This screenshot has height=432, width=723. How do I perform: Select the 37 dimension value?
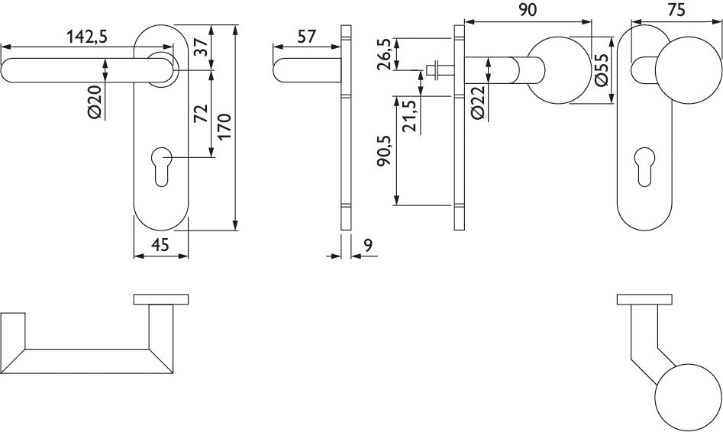pos(202,47)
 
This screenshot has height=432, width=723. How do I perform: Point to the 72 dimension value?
pos(202,114)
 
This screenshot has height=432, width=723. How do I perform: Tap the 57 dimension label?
pos(306,35)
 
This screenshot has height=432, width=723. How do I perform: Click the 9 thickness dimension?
pos(368,245)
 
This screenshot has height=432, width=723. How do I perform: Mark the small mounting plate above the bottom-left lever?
pos(161,298)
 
